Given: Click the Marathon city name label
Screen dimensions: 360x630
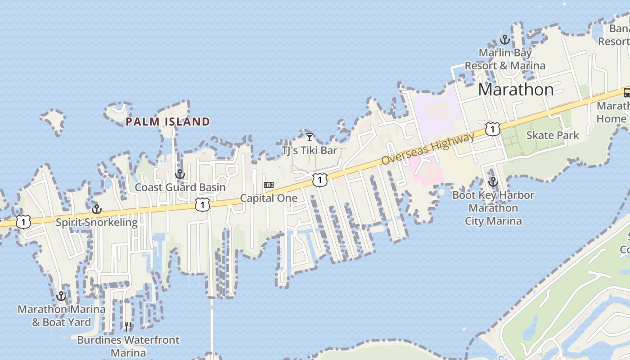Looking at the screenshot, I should pyautogui.click(x=516, y=90).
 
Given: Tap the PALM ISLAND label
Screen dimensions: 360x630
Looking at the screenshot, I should pyautogui.click(x=168, y=121).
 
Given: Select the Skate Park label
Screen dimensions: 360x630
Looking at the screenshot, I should pyautogui.click(x=553, y=135).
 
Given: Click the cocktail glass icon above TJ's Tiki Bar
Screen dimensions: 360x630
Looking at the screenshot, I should pyautogui.click(x=309, y=137).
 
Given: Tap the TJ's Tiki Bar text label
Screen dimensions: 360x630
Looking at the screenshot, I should pyautogui.click(x=309, y=150).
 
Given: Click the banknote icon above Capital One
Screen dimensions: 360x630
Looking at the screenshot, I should pyautogui.click(x=269, y=185).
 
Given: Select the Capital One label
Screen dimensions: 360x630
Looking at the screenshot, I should pyautogui.click(x=269, y=198).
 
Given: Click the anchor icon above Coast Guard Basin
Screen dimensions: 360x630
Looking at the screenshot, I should pyautogui.click(x=180, y=174).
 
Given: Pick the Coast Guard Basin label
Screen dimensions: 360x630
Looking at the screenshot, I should pyautogui.click(x=180, y=187).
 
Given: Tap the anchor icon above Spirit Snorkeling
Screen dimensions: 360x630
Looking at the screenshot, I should pyautogui.click(x=96, y=209).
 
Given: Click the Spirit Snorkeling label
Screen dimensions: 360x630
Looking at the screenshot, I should pyautogui.click(x=97, y=222).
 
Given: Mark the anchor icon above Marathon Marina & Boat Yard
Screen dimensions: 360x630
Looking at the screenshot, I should pyautogui.click(x=61, y=296).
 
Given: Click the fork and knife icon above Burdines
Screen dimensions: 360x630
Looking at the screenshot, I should pyautogui.click(x=128, y=327).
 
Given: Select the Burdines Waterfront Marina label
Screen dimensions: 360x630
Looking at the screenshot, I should pyautogui.click(x=128, y=346).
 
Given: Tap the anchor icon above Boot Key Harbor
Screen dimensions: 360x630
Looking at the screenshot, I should pyautogui.click(x=493, y=182).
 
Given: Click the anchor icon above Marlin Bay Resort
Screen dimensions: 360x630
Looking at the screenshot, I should pyautogui.click(x=505, y=40).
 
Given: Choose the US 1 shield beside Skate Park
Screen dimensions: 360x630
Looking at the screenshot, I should pyautogui.click(x=493, y=129).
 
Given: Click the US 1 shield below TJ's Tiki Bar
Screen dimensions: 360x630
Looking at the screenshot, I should pyautogui.click(x=319, y=180).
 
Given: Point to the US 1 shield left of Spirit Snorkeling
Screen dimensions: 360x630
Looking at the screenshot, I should pyautogui.click(x=23, y=221).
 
